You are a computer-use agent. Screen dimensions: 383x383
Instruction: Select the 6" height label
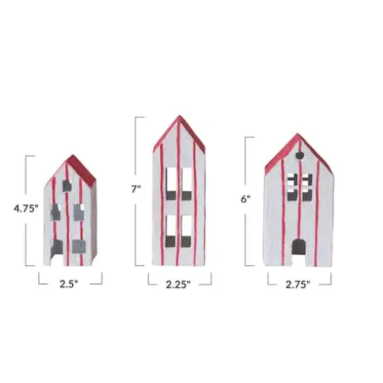pos(244,198)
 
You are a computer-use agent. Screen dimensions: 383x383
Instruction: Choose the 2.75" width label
pos(299,283)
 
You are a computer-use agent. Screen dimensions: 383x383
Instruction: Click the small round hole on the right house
pos(300,155)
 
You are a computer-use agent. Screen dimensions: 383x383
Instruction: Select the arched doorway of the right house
pos(299,247)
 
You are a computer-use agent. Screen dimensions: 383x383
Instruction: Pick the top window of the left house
pos(67,186)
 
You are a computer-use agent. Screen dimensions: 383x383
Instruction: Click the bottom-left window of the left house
pos(58,245)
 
